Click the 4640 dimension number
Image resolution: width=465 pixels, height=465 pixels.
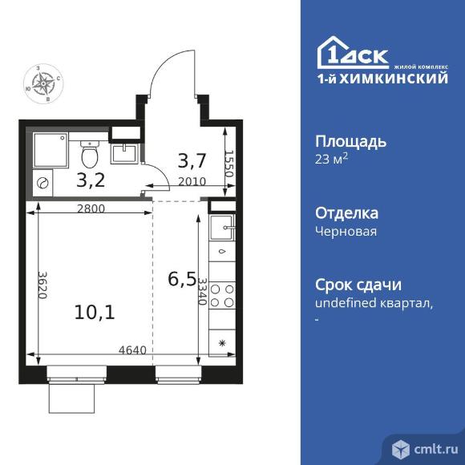132,350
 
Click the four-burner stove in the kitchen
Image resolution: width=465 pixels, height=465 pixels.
222,296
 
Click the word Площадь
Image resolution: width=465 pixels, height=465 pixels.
351,142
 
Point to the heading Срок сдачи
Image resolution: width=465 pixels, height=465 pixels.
358,285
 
